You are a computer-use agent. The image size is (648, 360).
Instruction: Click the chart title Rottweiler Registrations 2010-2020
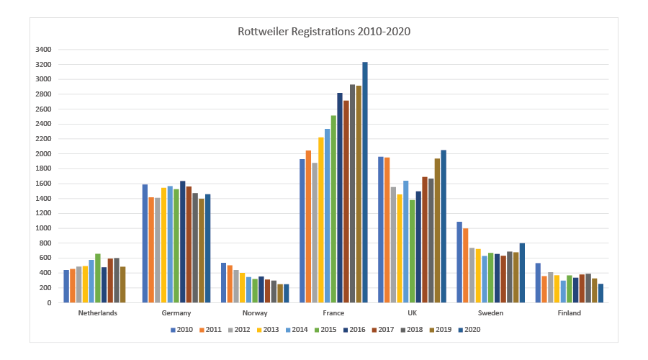click(x=324, y=32)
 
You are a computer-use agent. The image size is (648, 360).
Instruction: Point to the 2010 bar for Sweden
click(x=459, y=262)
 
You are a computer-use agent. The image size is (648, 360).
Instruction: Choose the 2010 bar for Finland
click(x=538, y=283)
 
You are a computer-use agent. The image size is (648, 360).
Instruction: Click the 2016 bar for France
click(x=340, y=198)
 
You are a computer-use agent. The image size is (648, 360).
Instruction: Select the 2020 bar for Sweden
click(x=522, y=273)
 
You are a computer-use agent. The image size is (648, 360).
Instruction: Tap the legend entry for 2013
click(x=264, y=330)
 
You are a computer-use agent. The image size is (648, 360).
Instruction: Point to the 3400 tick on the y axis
click(x=43, y=50)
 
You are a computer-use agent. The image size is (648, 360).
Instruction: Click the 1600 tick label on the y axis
click(x=43, y=184)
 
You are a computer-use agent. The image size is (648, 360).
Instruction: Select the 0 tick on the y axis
click(x=49, y=303)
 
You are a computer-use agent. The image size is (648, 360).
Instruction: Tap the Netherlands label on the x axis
click(x=98, y=313)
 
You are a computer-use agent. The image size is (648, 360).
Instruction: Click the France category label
click(x=334, y=313)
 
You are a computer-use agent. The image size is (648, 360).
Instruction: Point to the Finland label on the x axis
click(x=569, y=313)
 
